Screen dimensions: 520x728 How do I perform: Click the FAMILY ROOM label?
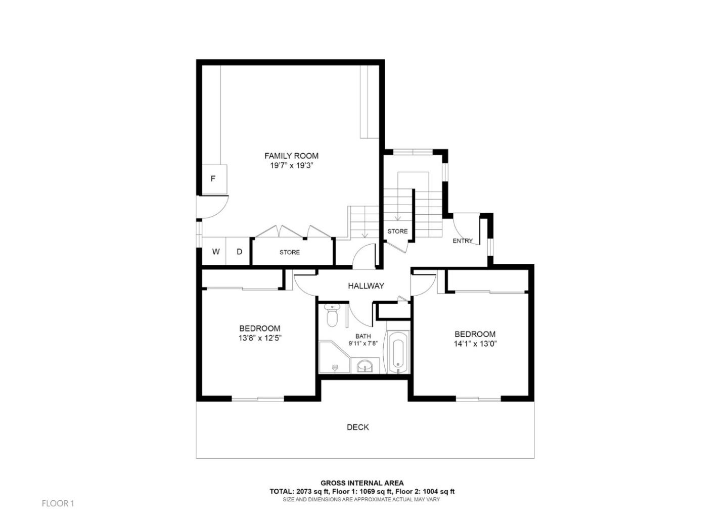291,156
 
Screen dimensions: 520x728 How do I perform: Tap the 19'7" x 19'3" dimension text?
291,165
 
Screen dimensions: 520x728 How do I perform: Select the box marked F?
213,178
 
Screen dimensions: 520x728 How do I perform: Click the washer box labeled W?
215,252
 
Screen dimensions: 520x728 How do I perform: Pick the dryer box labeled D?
240,252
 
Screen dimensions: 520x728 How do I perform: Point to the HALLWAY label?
366,286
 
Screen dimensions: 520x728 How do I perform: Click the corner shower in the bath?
333,358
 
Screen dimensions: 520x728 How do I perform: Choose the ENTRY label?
462,241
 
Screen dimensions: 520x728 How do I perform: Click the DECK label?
357,427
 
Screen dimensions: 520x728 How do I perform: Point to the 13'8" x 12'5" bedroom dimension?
260,338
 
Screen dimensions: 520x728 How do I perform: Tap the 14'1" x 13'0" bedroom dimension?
475,344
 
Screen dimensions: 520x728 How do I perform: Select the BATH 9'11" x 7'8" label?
362,340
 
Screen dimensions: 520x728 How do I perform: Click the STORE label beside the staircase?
397,231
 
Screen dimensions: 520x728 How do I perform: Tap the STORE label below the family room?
289,252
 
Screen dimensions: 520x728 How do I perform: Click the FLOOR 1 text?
58,503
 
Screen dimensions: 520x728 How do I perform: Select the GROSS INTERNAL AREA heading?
362,483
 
